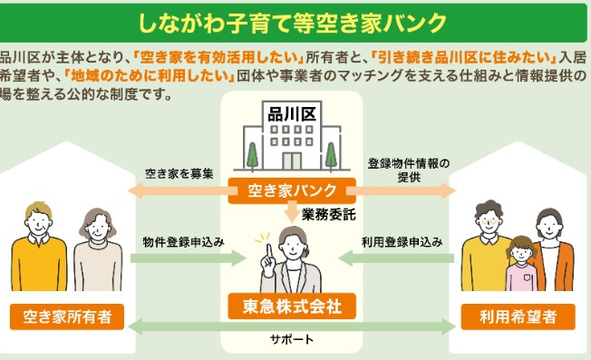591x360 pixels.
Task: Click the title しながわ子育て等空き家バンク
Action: [292, 23]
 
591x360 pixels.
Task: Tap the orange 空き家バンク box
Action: [292, 190]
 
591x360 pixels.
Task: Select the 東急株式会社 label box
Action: [292, 306]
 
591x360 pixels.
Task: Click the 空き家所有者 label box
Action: [67, 316]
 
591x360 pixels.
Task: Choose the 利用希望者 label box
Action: [518, 316]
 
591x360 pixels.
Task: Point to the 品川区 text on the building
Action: [292, 114]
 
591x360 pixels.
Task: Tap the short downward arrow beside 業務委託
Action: [292, 212]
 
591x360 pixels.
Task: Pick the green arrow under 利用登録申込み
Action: [396, 258]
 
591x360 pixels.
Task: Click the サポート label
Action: [292, 339]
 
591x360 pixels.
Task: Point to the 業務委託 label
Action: [329, 215]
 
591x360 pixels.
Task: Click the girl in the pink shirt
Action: [522, 264]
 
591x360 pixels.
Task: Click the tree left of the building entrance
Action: [252, 157]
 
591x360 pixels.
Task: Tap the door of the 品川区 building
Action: [292, 161]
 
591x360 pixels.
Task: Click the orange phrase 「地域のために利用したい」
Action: [149, 76]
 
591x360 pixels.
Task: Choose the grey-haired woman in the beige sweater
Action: [98, 249]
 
